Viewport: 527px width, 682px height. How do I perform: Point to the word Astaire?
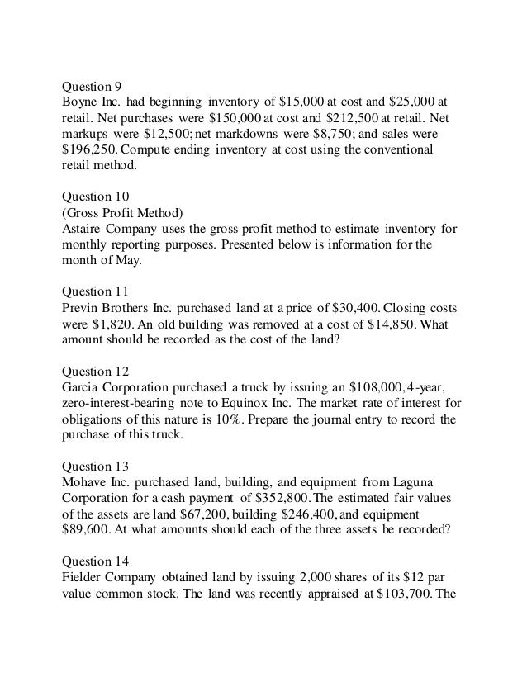tap(84, 229)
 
